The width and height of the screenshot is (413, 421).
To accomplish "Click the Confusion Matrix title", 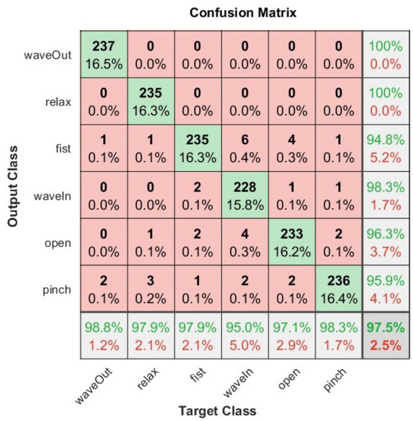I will (x=242, y=12).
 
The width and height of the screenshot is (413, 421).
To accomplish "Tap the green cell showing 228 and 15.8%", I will (x=244, y=195).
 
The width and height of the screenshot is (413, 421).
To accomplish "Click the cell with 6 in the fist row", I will (x=244, y=148).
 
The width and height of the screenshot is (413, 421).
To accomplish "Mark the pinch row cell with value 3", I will (x=151, y=288).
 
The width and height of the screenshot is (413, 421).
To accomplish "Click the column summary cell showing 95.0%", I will (x=244, y=335).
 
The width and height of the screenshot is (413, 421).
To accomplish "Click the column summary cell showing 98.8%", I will (x=104, y=335).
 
